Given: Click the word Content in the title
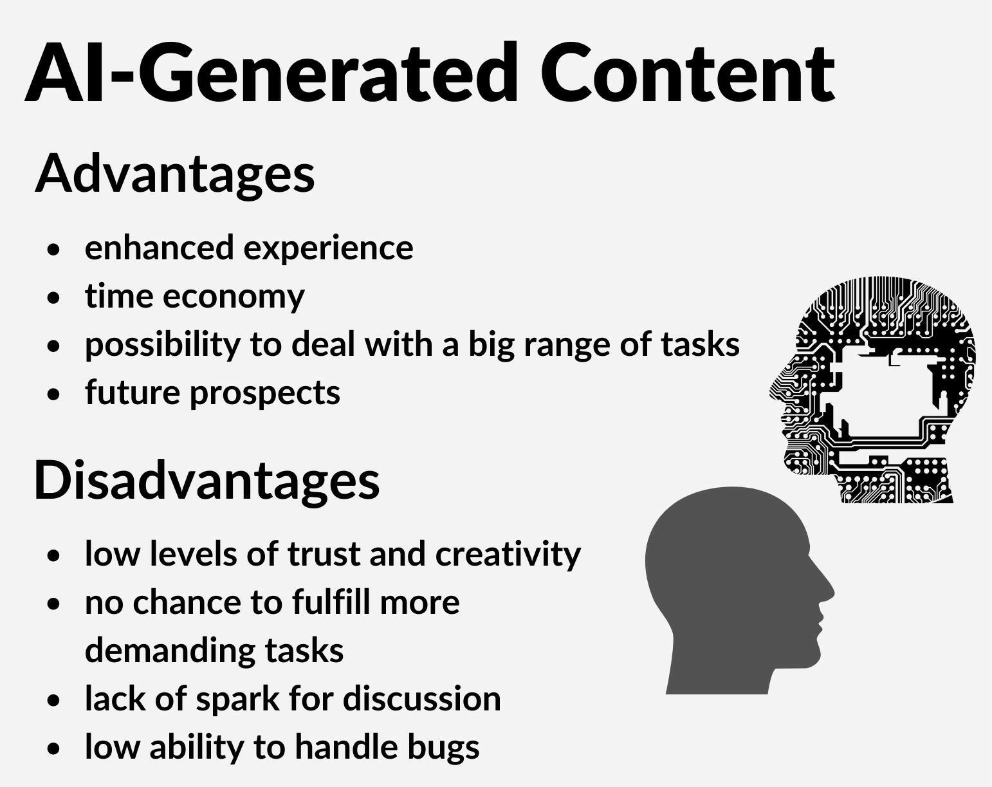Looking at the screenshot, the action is pyautogui.click(x=687, y=72).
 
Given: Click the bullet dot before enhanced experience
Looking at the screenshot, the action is pyautogui.click(x=54, y=250).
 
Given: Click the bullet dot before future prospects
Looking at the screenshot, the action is pyautogui.click(x=54, y=394).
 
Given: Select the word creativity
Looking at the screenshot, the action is pyautogui.click(x=508, y=554).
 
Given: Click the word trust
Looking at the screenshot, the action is pyautogui.click(x=324, y=553).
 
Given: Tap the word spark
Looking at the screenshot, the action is pyautogui.click(x=238, y=700).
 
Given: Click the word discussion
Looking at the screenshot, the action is pyautogui.click(x=422, y=698).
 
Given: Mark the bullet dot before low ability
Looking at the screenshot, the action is pyautogui.click(x=54, y=748).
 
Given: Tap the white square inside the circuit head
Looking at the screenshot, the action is pyautogui.click(x=885, y=395).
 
